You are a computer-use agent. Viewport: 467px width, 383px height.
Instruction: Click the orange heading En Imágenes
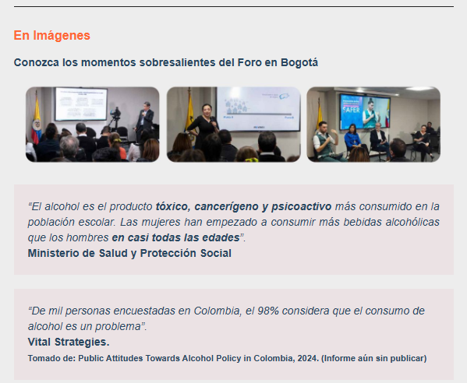tap(51, 35)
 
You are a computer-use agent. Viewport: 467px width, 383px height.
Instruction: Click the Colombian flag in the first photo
tap(37, 118)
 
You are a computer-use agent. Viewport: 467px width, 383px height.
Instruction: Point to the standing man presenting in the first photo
tap(144, 121)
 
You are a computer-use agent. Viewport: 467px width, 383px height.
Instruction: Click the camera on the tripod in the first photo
tap(116, 114)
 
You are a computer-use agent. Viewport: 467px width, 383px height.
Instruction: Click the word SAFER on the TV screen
tap(351, 110)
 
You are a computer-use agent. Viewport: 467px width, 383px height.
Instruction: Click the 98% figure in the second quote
tap(268, 311)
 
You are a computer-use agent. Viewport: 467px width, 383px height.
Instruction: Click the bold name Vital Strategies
tap(69, 342)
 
